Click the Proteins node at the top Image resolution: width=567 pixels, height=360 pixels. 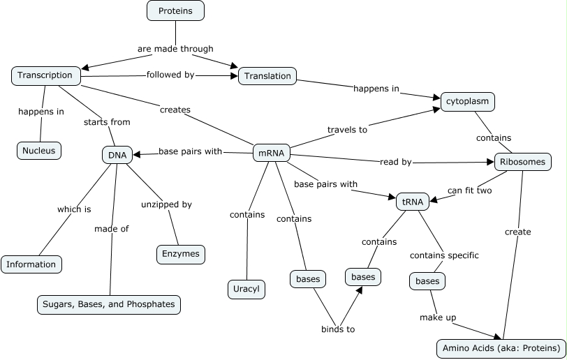[175, 10]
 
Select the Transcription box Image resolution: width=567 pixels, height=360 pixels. [45, 75]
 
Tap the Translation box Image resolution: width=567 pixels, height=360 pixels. [268, 76]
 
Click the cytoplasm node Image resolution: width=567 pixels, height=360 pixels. [468, 102]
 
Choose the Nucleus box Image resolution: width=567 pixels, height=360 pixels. [39, 150]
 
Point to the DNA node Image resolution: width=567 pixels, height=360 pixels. [117, 154]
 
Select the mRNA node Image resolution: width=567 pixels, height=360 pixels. [270, 152]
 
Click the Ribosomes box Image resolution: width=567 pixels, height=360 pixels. [523, 163]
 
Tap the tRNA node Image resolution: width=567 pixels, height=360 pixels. [410, 201]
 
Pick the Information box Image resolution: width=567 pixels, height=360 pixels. [31, 264]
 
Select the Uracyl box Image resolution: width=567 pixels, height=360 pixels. [246, 289]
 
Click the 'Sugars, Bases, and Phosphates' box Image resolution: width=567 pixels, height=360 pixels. [109, 305]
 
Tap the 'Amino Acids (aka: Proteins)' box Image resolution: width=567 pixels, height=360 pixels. [501, 347]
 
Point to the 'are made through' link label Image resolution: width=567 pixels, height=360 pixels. [175, 49]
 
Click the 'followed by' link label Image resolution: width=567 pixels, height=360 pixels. [170, 75]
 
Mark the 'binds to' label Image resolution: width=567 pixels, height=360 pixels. [338, 329]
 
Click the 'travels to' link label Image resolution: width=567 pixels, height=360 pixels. [348, 129]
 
